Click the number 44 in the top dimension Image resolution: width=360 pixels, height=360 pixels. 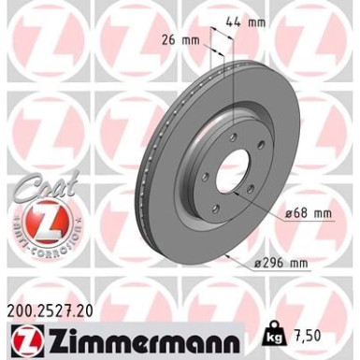[240, 20]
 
